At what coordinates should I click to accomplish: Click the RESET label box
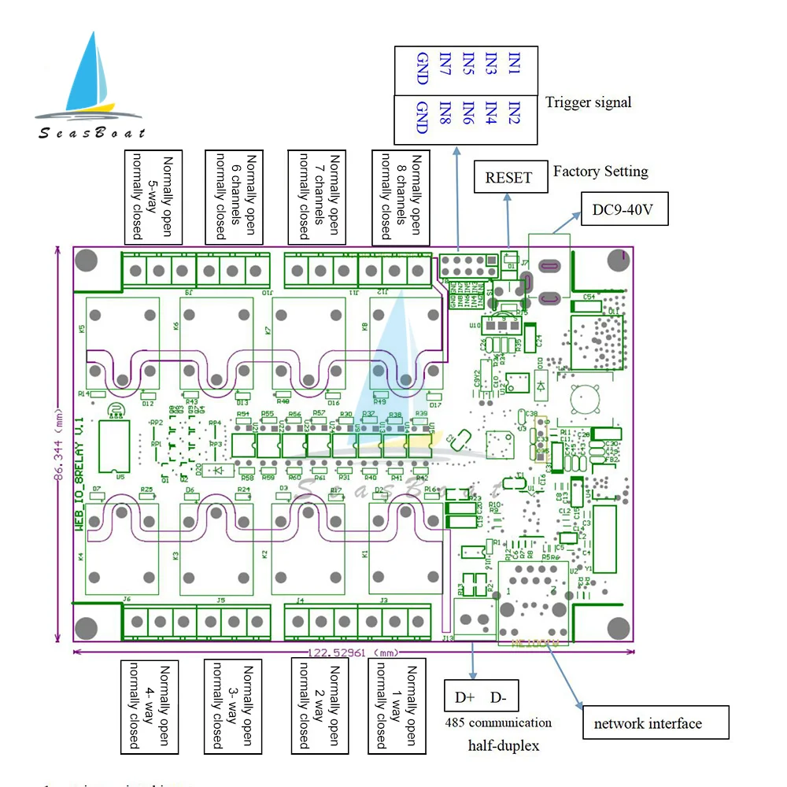click(x=508, y=177)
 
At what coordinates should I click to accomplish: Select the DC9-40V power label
click(x=624, y=209)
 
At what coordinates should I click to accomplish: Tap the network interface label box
click(x=656, y=722)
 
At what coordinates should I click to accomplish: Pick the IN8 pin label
click(x=445, y=118)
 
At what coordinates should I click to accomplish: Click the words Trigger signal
click(x=588, y=102)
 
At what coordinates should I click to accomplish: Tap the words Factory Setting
click(x=600, y=171)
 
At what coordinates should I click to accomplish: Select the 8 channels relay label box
click(x=401, y=197)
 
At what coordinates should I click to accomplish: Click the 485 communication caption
click(x=498, y=722)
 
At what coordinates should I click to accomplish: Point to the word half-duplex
click(x=504, y=745)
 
